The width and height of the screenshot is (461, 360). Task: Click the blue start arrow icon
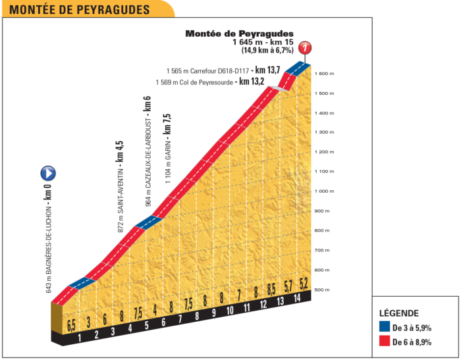[x=48, y=174]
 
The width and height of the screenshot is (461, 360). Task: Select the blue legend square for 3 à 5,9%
[x=384, y=328]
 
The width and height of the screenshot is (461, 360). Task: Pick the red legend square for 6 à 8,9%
[x=384, y=342]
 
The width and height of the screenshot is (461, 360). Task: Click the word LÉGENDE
[x=399, y=313]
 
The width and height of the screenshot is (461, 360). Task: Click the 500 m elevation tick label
[x=322, y=290]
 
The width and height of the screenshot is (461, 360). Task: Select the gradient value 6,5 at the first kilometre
[x=71, y=324]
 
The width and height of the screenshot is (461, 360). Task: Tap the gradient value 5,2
[x=304, y=284]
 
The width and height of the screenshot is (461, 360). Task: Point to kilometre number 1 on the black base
[x=80, y=339]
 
